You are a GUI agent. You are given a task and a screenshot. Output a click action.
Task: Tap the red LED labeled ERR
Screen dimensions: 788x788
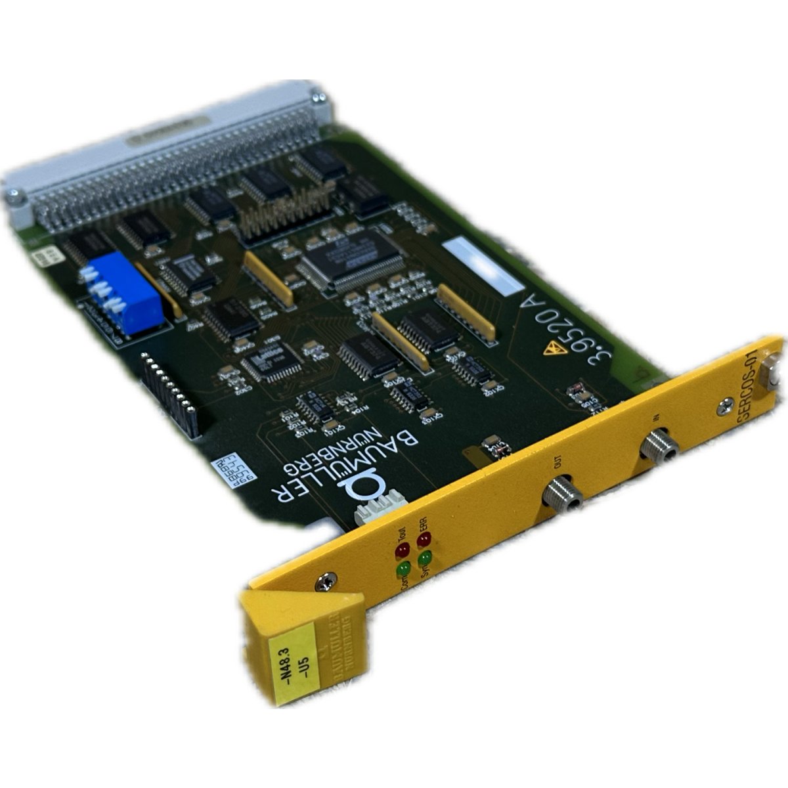[x=423, y=540]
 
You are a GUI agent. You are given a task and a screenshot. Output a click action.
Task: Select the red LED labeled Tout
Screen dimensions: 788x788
[x=401, y=548]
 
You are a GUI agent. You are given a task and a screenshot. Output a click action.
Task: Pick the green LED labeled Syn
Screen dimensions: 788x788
[x=424, y=558]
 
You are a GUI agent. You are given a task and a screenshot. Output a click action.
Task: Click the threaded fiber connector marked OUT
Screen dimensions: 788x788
[x=562, y=494]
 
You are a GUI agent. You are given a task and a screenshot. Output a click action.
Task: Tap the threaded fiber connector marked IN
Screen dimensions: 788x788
[x=659, y=447]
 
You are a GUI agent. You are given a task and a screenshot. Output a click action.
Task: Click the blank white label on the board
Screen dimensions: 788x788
[x=483, y=269]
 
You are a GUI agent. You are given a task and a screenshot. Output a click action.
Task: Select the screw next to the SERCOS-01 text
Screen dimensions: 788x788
[x=724, y=406]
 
